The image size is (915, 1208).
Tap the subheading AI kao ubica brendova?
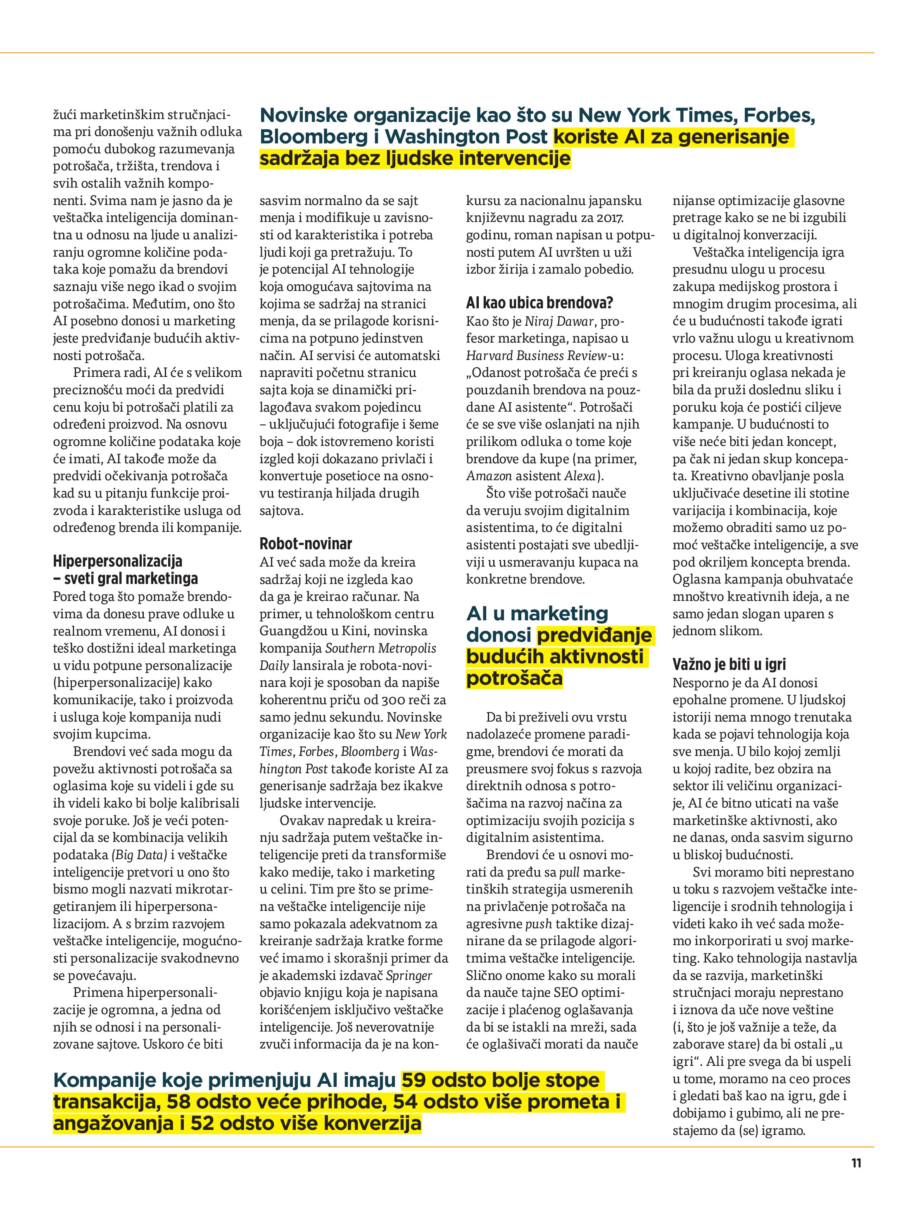tap(539, 303)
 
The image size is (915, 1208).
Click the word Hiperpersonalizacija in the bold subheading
tap(117, 561)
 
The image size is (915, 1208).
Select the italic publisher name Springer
tap(409, 975)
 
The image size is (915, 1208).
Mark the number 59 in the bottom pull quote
tap(414, 1080)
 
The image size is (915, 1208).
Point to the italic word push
tap(538, 924)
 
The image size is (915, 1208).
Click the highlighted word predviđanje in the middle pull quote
tap(594, 635)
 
